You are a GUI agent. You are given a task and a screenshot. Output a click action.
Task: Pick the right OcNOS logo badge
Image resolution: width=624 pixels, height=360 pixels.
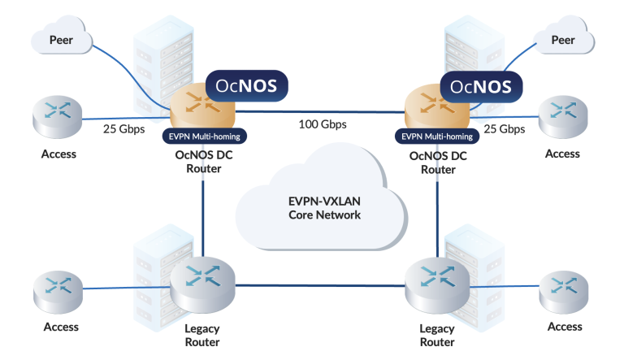point(480,85)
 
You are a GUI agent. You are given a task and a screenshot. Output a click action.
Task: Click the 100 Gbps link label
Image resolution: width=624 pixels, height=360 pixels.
point(323,124)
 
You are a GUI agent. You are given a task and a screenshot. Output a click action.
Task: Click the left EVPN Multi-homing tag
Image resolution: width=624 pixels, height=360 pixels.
point(206,136)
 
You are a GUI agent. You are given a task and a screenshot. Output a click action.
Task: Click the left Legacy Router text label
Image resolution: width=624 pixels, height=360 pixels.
point(202,335)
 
